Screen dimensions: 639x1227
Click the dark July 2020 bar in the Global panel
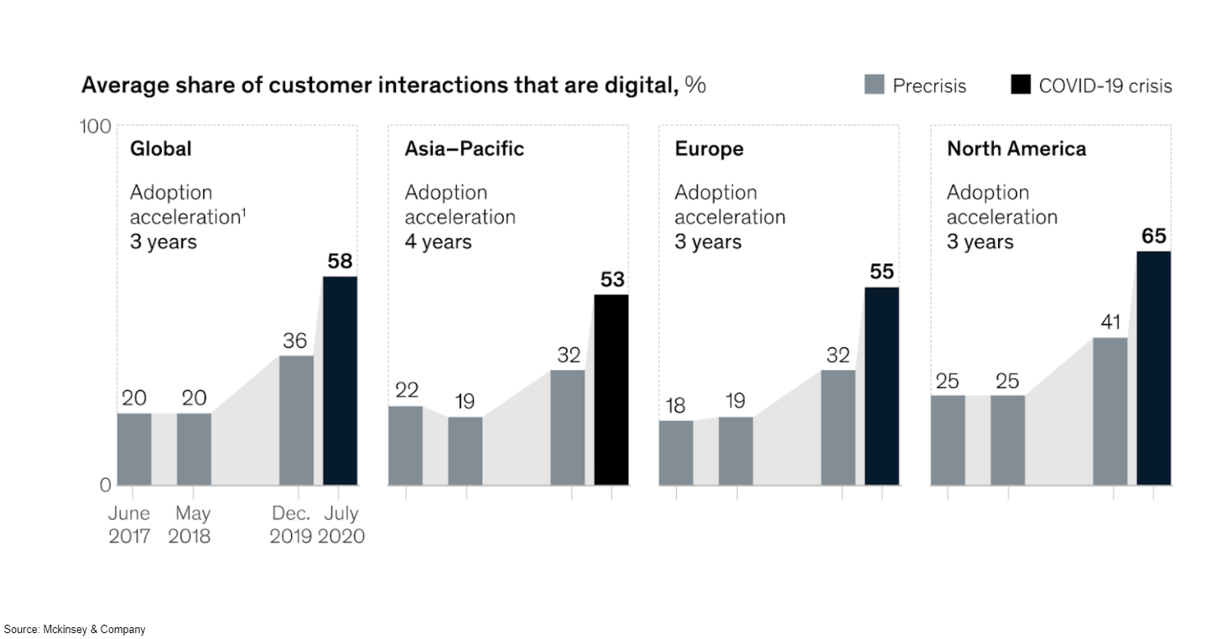(x=340, y=381)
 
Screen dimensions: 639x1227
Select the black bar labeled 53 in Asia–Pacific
(x=611, y=390)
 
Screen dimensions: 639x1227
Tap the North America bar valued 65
(x=1153, y=368)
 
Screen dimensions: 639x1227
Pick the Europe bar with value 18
(x=676, y=453)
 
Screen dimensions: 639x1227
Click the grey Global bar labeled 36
(x=296, y=420)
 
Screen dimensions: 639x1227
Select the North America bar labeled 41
(x=1110, y=411)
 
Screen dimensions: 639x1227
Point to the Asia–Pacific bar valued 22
(x=405, y=445)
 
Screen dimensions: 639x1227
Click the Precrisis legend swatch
(x=874, y=86)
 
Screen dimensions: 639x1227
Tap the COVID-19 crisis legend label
(x=1105, y=86)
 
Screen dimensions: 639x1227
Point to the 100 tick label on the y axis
(x=95, y=127)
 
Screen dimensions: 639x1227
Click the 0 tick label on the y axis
(x=105, y=485)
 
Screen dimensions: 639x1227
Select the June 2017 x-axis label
(x=129, y=524)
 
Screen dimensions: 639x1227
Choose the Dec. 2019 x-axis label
(x=291, y=524)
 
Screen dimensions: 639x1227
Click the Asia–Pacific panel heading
(x=464, y=149)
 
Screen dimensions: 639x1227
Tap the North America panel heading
(x=1016, y=149)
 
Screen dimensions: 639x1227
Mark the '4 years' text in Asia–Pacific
(x=438, y=242)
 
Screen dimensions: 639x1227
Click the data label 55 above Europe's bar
(x=881, y=272)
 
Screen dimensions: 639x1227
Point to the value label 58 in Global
(x=340, y=261)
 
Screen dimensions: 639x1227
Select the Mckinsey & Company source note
(x=75, y=629)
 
